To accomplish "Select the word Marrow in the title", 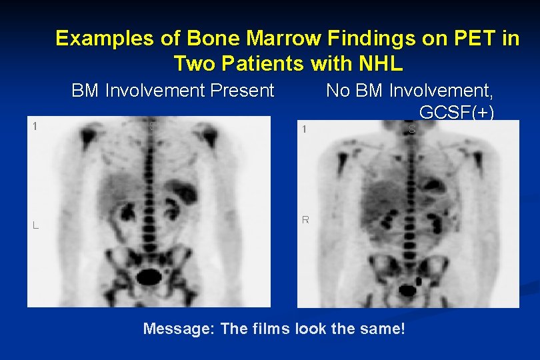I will pos(249,39).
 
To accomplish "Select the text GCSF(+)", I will pos(457,113).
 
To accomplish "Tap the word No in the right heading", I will pos(337,90).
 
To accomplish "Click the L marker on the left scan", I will pos(35,225).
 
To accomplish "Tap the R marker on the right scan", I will pos(305,219).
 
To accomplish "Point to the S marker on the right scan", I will pos(411,129).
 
